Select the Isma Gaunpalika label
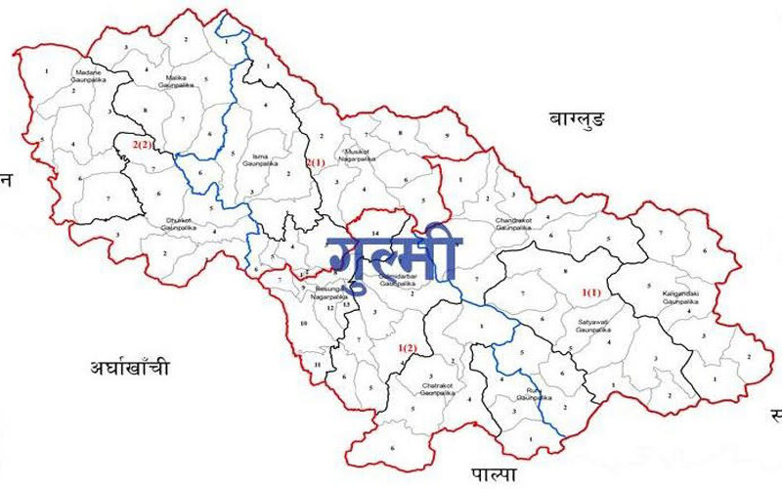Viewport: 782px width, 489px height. click(259, 161)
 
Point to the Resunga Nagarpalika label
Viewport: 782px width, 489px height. click(332, 294)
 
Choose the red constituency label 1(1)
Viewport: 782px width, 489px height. click(592, 292)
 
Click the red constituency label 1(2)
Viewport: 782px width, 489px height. click(408, 347)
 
